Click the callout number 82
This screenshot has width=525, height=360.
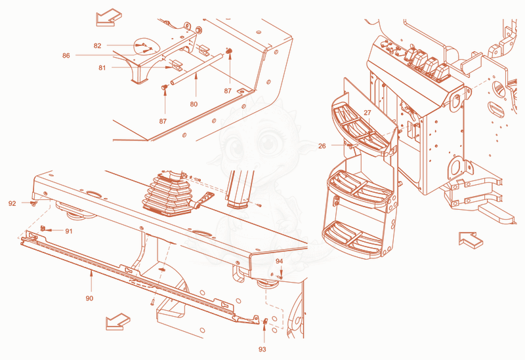(97, 46)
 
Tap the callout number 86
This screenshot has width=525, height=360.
(66, 56)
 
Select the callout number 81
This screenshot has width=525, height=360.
(102, 68)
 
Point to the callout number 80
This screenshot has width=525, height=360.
(194, 104)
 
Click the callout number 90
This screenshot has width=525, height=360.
(89, 298)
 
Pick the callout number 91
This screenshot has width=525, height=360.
(69, 231)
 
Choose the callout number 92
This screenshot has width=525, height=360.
(12, 203)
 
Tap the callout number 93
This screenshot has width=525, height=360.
(262, 350)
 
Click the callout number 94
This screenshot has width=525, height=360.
(280, 261)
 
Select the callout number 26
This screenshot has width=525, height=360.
(322, 146)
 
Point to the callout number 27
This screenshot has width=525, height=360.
(367, 113)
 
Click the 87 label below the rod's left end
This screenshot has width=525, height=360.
(163, 121)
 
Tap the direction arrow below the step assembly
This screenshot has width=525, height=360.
(471, 240)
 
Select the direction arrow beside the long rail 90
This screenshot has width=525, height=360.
(118, 322)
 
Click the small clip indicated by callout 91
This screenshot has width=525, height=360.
(43, 228)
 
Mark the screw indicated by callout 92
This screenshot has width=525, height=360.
(33, 203)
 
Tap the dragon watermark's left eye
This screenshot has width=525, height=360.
(236, 146)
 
